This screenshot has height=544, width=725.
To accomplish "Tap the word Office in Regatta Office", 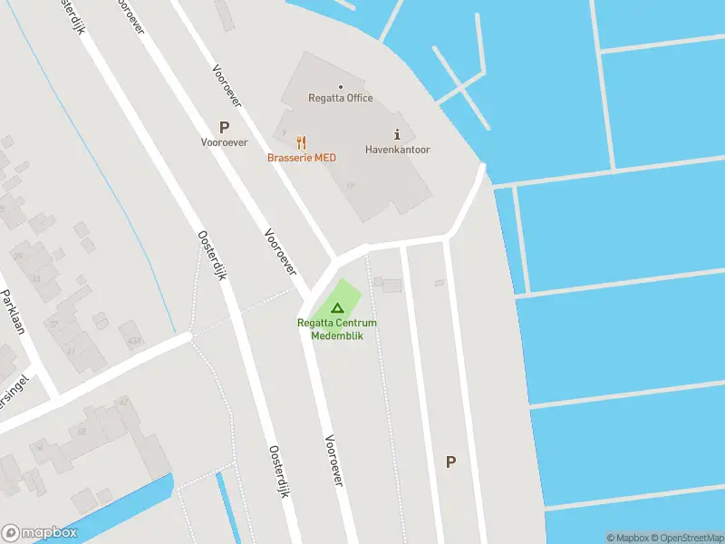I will tap(359, 99).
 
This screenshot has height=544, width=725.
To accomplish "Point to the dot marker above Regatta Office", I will tap(339, 86).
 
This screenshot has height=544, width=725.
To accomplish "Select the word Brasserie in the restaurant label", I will tap(289, 158).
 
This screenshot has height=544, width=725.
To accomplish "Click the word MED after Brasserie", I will tap(325, 158).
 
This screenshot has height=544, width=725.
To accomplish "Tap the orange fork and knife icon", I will tap(302, 142).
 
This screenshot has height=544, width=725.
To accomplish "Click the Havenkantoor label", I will tap(397, 150).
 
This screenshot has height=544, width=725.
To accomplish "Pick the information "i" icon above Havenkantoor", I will tap(397, 133).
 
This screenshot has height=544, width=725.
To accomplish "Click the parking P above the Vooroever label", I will tap(224, 128).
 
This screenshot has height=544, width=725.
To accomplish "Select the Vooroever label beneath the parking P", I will tap(224, 142).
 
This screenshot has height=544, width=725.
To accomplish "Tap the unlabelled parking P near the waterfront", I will tap(450, 461).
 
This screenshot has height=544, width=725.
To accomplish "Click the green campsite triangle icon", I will tap(337, 309).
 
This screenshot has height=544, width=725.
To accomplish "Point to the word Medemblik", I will tap(337, 335).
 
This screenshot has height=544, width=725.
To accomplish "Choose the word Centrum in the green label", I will tap(358, 323).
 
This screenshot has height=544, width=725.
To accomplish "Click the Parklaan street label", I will tap(13, 311).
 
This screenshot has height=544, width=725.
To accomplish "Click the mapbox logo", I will tap(40, 533).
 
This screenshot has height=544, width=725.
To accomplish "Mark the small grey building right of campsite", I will tap(391, 286).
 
